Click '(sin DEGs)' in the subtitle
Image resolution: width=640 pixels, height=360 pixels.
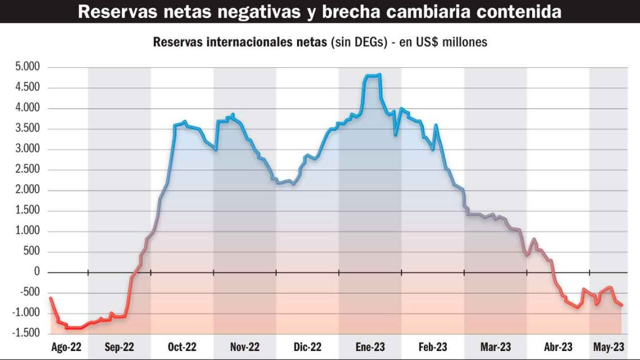pos(359,42)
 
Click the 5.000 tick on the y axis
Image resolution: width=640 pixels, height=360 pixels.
pos(28,67)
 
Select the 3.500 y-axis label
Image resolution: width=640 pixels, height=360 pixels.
pos(28,129)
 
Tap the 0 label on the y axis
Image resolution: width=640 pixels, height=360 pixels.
pos(38,272)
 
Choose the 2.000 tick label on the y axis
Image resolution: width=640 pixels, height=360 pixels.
pos(28,190)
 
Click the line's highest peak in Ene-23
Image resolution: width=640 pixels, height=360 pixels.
pos(380,74)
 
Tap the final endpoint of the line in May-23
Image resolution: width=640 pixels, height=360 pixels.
pos(622,305)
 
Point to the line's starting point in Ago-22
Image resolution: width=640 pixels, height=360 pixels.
pos(51,298)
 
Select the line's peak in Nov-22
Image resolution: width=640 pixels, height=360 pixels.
pos(233,115)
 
